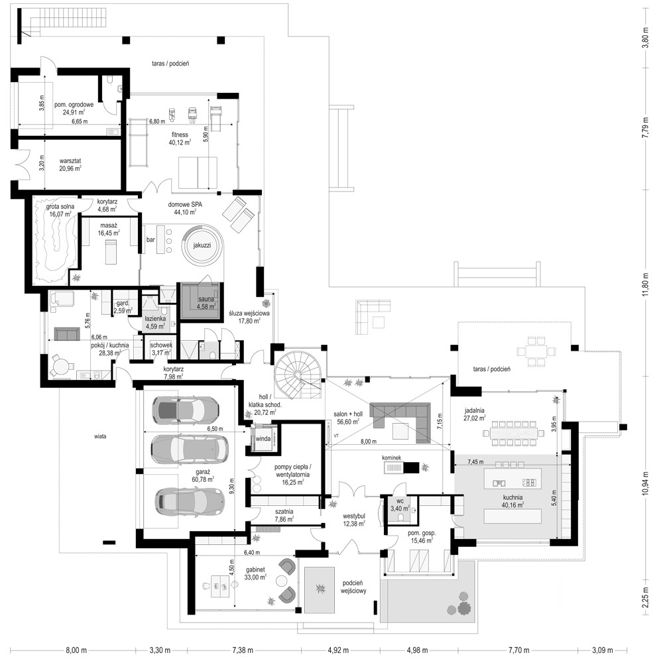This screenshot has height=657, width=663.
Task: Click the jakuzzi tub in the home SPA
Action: (x=202, y=246)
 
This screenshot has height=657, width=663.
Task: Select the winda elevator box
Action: (x=263, y=439)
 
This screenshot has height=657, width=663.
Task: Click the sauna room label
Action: (x=206, y=299)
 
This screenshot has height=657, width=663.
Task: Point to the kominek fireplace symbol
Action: (x=401, y=467)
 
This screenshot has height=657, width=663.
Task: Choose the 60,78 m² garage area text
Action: (x=204, y=479)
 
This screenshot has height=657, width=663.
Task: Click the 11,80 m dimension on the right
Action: (x=646, y=282)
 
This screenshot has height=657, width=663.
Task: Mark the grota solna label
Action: (x=60, y=207)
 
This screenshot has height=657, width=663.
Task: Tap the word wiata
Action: (x=100, y=436)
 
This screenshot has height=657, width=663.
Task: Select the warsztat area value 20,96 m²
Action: (x=70, y=168)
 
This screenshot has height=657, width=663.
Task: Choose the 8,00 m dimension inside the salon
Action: (x=368, y=441)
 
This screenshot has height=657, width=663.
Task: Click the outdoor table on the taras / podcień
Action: (x=536, y=351)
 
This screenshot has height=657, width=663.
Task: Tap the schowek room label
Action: (x=161, y=345)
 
